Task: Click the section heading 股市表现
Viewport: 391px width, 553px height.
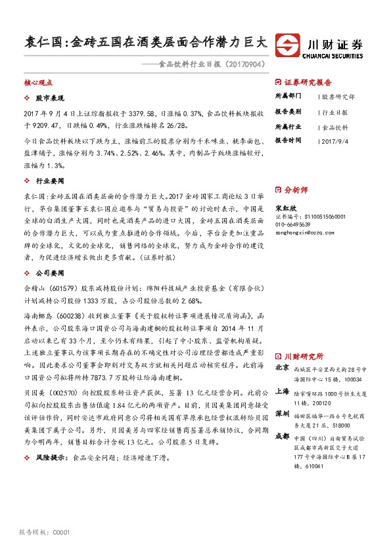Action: pos(50,97)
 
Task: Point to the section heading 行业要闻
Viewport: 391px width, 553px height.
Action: pos(50,180)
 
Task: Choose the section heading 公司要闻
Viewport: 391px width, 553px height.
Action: pos(50,273)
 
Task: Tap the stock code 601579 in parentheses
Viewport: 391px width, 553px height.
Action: pos(66,287)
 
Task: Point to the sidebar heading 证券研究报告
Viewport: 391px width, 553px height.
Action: pos(308,83)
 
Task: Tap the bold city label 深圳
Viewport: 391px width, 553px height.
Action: pos(282,414)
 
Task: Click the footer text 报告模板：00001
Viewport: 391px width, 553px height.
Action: pos(45,531)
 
